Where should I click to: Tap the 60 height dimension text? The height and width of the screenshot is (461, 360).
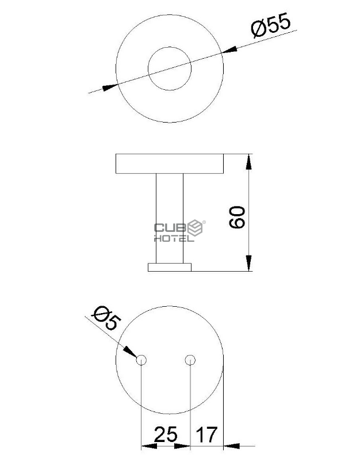click(x=237, y=218)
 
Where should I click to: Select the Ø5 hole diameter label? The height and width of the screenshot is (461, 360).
click(x=106, y=318)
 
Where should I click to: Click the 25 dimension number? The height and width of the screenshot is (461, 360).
click(x=166, y=435)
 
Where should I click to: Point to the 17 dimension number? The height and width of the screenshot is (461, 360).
click(x=207, y=435)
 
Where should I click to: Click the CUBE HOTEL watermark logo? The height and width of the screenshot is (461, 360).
click(x=179, y=231)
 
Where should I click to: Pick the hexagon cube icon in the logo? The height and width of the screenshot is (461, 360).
click(x=196, y=228)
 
